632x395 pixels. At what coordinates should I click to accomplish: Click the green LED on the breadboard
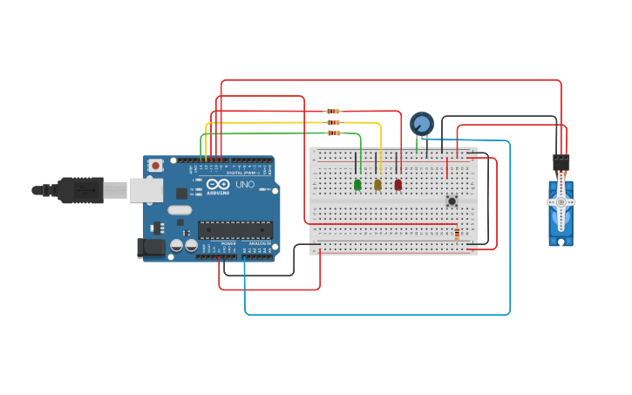[357, 184]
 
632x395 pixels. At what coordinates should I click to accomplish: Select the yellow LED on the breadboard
[377, 184]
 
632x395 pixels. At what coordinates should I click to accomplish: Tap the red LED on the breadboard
[398, 184]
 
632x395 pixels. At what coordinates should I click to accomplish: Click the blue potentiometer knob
[422, 123]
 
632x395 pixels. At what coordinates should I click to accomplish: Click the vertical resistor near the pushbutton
[457, 232]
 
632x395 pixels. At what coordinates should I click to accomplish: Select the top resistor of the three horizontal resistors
[333, 112]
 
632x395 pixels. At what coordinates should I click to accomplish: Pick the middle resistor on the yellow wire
[333, 122]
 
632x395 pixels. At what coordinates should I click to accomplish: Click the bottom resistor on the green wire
[333, 133]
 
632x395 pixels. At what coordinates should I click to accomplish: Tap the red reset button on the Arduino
[155, 165]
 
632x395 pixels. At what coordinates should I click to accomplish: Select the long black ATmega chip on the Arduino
[234, 230]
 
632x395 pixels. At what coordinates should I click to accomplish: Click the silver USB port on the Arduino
[146, 190]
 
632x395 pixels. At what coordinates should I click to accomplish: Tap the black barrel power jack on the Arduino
[151, 248]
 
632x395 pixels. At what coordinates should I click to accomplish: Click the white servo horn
[561, 202]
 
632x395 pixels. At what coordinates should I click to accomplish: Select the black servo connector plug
[561, 162]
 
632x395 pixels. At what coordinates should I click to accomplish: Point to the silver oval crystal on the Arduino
[180, 210]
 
